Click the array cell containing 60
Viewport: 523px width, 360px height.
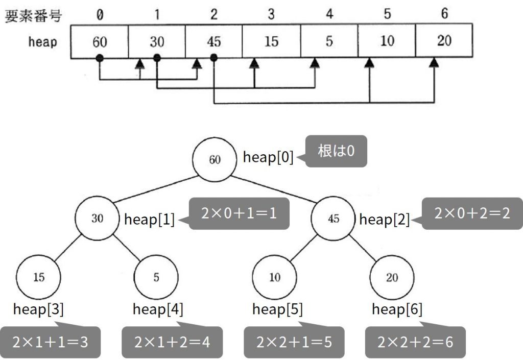point(100,42)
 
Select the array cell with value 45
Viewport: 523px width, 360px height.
point(214,42)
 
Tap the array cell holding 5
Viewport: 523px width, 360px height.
point(329,41)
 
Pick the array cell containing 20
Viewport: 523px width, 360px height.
point(444,41)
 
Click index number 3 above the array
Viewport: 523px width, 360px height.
point(271,14)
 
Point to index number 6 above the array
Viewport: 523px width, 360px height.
point(444,13)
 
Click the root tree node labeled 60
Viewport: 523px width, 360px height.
point(215,159)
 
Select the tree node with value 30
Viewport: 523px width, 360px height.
point(97,219)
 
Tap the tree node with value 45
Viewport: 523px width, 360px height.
point(333,219)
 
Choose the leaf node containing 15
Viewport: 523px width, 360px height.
point(38,277)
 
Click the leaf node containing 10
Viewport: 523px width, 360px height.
point(274,277)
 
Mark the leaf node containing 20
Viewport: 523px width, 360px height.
point(392,277)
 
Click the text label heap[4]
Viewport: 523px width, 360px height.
point(158,309)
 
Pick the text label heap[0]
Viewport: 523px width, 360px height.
point(268,157)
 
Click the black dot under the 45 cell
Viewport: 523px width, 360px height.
point(214,58)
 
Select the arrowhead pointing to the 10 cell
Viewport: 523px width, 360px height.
point(369,62)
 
